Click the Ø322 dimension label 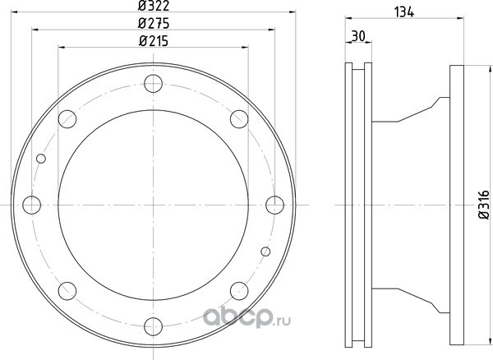[x=154, y=6]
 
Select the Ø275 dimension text [x=154, y=23]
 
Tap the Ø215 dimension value [x=154, y=41]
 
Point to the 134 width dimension [x=404, y=12]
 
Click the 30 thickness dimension [x=358, y=36]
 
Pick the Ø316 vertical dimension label [x=484, y=205]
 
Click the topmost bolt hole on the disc [x=153, y=84]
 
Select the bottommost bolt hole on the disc [x=153, y=326]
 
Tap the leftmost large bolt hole [x=32, y=205]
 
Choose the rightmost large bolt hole [x=274, y=205]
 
